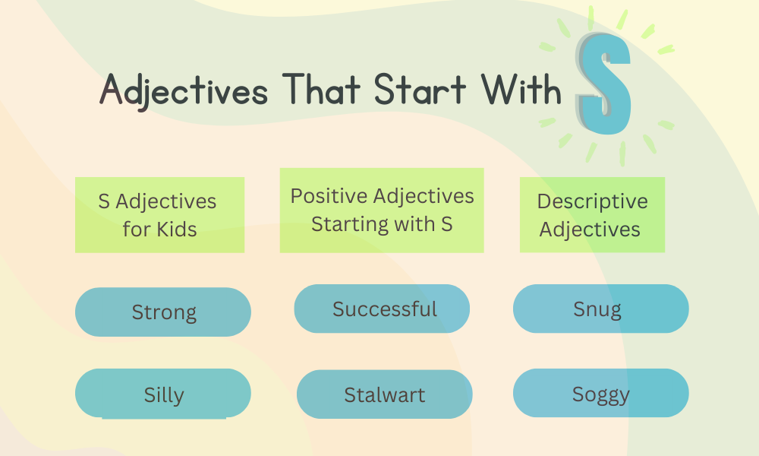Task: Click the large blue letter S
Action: click(604, 86)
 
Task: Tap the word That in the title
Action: click(318, 90)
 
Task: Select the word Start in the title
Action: click(420, 90)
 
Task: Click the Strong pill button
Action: click(163, 312)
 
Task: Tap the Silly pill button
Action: click(163, 394)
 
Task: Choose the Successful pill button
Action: click(382, 309)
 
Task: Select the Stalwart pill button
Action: click(384, 394)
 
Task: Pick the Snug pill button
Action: click(600, 309)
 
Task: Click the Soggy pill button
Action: click(600, 394)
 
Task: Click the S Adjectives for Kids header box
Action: click(159, 215)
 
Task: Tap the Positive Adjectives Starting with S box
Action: click(382, 211)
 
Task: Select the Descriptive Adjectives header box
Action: click(592, 215)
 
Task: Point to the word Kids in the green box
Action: click(175, 229)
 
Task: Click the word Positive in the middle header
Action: click(328, 196)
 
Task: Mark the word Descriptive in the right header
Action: click(592, 201)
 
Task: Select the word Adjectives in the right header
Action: click(590, 229)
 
